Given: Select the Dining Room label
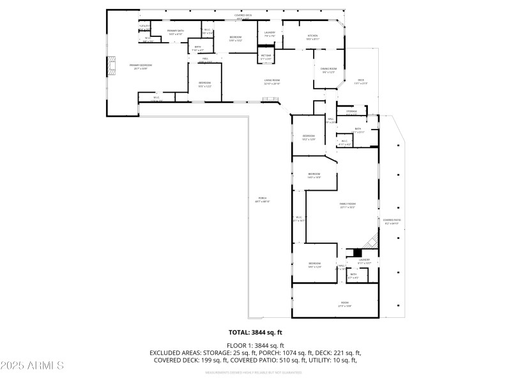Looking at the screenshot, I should (328, 70).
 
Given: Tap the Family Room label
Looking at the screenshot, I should (347, 205).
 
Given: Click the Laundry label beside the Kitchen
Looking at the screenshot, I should (270, 34).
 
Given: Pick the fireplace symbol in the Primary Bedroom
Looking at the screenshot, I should (112, 65).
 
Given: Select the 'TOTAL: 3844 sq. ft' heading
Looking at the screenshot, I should (255, 332).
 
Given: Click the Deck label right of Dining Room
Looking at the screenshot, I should (361, 80).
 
